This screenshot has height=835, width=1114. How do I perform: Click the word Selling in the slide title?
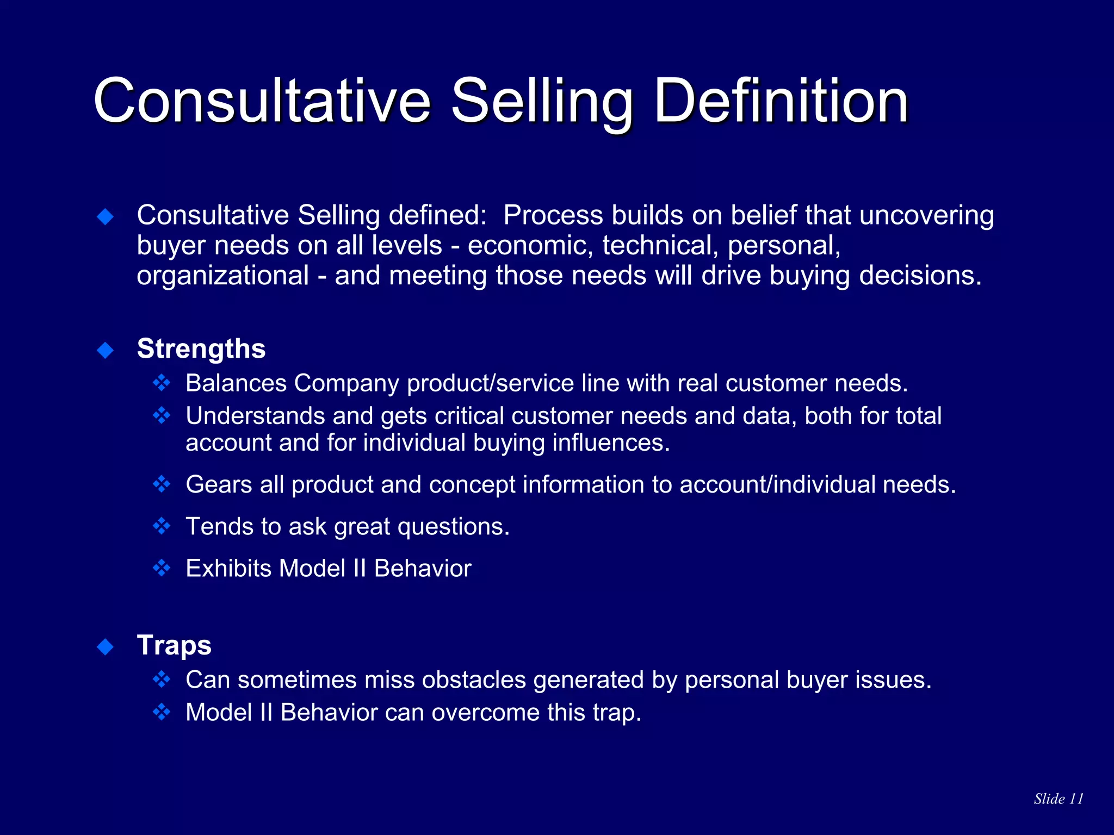click(x=542, y=101)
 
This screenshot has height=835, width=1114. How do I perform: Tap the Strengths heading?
click(x=201, y=348)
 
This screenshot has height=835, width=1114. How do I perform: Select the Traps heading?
click(x=174, y=645)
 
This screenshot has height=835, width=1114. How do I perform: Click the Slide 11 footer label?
click(x=1059, y=799)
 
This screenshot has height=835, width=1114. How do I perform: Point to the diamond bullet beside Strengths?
click(x=105, y=350)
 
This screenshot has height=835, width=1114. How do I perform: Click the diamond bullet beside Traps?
click(x=105, y=646)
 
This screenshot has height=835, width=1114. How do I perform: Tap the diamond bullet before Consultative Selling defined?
click(x=105, y=216)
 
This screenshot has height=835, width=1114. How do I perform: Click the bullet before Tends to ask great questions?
click(x=162, y=526)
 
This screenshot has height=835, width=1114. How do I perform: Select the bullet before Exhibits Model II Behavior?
click(x=162, y=568)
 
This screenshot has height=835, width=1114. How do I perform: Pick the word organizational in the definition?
click(x=222, y=276)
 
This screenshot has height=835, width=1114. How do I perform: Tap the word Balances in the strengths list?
click(x=236, y=383)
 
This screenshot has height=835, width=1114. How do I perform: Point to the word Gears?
click(x=219, y=484)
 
